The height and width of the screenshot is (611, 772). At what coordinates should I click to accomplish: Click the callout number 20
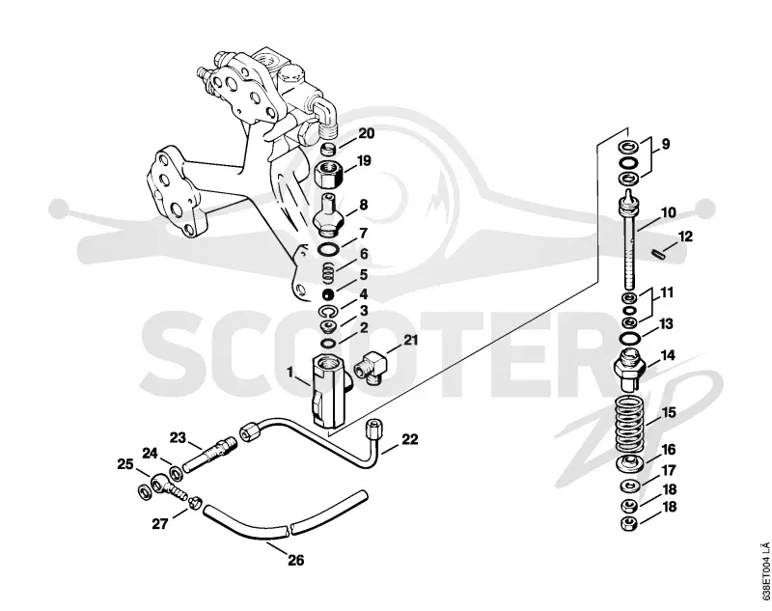coord(366,134)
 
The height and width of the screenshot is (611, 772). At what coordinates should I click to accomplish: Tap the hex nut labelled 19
coord(328,175)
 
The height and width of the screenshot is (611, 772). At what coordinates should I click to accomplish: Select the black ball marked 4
coord(328,294)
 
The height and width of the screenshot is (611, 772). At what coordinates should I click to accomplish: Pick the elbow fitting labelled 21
coord(372,367)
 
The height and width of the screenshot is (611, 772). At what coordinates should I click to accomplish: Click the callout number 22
coord(409,439)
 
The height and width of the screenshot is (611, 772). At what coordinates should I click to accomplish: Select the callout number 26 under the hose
coord(295,560)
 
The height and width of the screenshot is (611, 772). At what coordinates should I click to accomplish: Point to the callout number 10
coord(668,213)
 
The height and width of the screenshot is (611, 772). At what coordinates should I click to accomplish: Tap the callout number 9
coord(665,144)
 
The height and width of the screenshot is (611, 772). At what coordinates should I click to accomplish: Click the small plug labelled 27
coord(195,501)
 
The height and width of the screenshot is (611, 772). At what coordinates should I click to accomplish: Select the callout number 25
coord(125,464)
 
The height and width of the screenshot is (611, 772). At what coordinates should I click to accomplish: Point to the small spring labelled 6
coord(329,273)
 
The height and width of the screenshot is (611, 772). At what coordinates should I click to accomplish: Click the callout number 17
coord(668,471)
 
